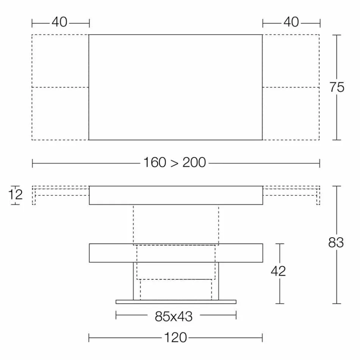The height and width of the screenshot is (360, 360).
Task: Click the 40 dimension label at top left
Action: click(59, 22)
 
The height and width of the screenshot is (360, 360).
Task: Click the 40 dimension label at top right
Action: click(291, 22)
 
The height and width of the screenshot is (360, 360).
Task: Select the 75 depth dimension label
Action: click(337, 87)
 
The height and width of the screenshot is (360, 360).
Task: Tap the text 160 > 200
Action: click(175, 163)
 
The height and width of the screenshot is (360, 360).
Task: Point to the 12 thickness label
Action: click(16, 195)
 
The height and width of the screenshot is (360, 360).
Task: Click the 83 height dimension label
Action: click(336, 243)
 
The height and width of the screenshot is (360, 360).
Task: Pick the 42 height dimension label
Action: click(279, 271)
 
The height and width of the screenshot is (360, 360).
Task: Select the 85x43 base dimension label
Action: click(174, 316)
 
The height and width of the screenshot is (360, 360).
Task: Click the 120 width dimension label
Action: click(176, 337)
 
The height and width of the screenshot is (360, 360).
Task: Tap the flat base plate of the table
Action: click(176, 302)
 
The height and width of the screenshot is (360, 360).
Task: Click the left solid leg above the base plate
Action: click(135, 281)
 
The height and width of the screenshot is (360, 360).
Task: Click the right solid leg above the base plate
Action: click(217, 281)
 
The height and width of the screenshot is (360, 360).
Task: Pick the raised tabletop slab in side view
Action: click(176, 195)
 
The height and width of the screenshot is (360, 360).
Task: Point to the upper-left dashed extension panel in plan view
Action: click(60, 61)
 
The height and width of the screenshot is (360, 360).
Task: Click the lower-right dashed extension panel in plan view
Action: click(291, 114)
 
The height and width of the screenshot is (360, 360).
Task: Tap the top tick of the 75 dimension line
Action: click(337, 35)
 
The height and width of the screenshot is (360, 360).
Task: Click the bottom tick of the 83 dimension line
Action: click(337, 304)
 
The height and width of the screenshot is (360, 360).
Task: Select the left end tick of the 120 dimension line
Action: click(89, 337)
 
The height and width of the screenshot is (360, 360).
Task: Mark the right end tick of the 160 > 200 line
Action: click(319, 163)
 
